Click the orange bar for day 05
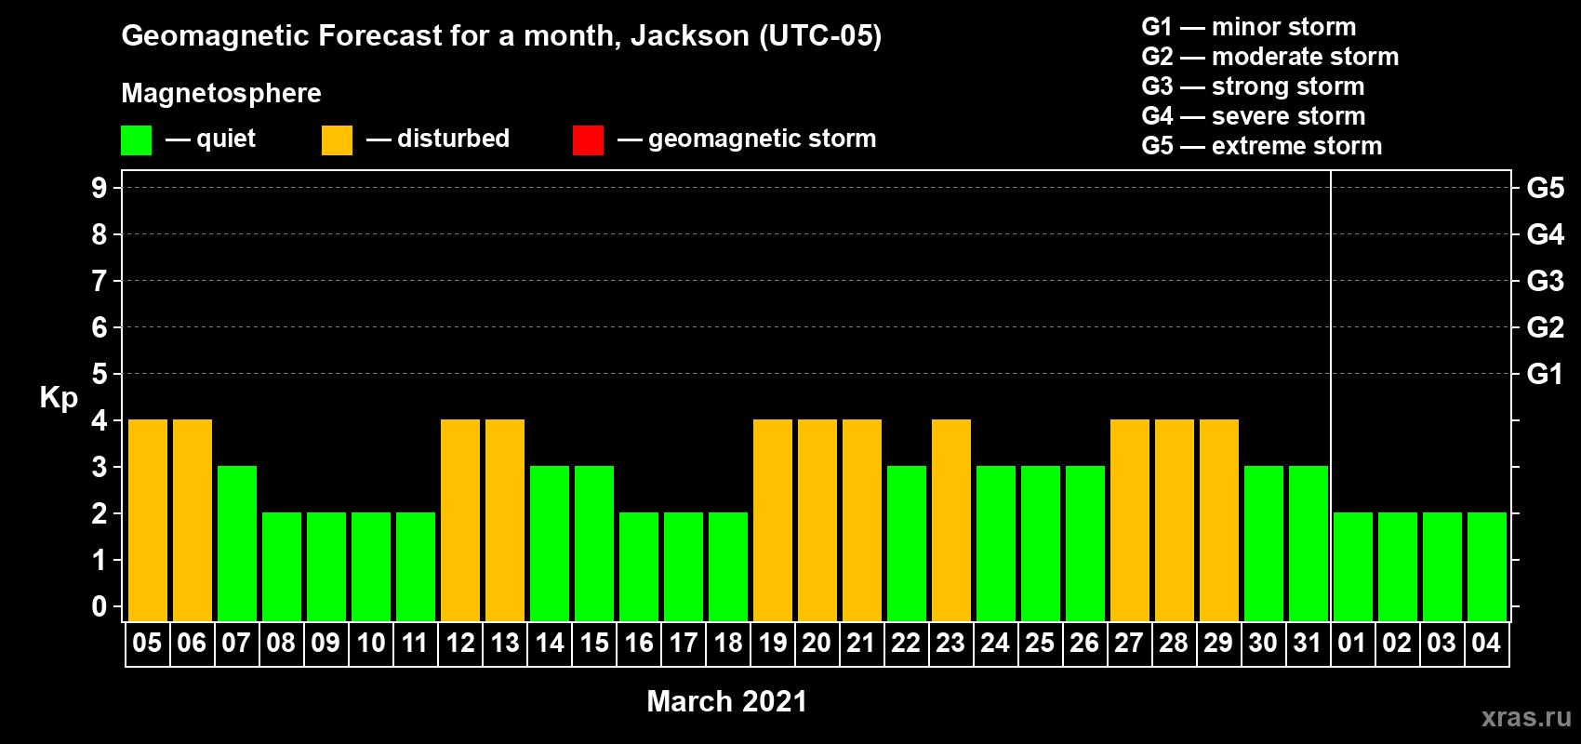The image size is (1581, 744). click(x=148, y=520)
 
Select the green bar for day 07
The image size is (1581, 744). click(x=237, y=543)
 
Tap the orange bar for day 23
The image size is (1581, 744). click(x=951, y=520)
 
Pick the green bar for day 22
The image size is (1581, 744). click(x=906, y=543)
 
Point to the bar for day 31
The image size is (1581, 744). click(x=1309, y=543)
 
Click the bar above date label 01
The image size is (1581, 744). click(x=1353, y=566)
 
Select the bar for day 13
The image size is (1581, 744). click(x=505, y=520)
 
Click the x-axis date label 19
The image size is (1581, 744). click(x=772, y=643)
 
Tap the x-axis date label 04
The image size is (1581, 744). click(x=1486, y=643)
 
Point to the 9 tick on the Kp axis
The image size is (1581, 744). click(x=99, y=188)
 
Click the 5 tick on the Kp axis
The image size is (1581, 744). click(x=99, y=374)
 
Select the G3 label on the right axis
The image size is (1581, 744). click(x=1545, y=281)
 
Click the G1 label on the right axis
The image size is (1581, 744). click(x=1545, y=374)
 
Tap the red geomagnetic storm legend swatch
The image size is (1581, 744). click(x=589, y=139)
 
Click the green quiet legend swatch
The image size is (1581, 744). click(x=136, y=139)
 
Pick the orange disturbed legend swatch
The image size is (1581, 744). click(x=337, y=139)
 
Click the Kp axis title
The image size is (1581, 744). click(x=59, y=398)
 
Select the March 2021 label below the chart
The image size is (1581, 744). click(x=727, y=701)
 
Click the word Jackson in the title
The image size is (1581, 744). click(x=689, y=35)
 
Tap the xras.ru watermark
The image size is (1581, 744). click(x=1526, y=717)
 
